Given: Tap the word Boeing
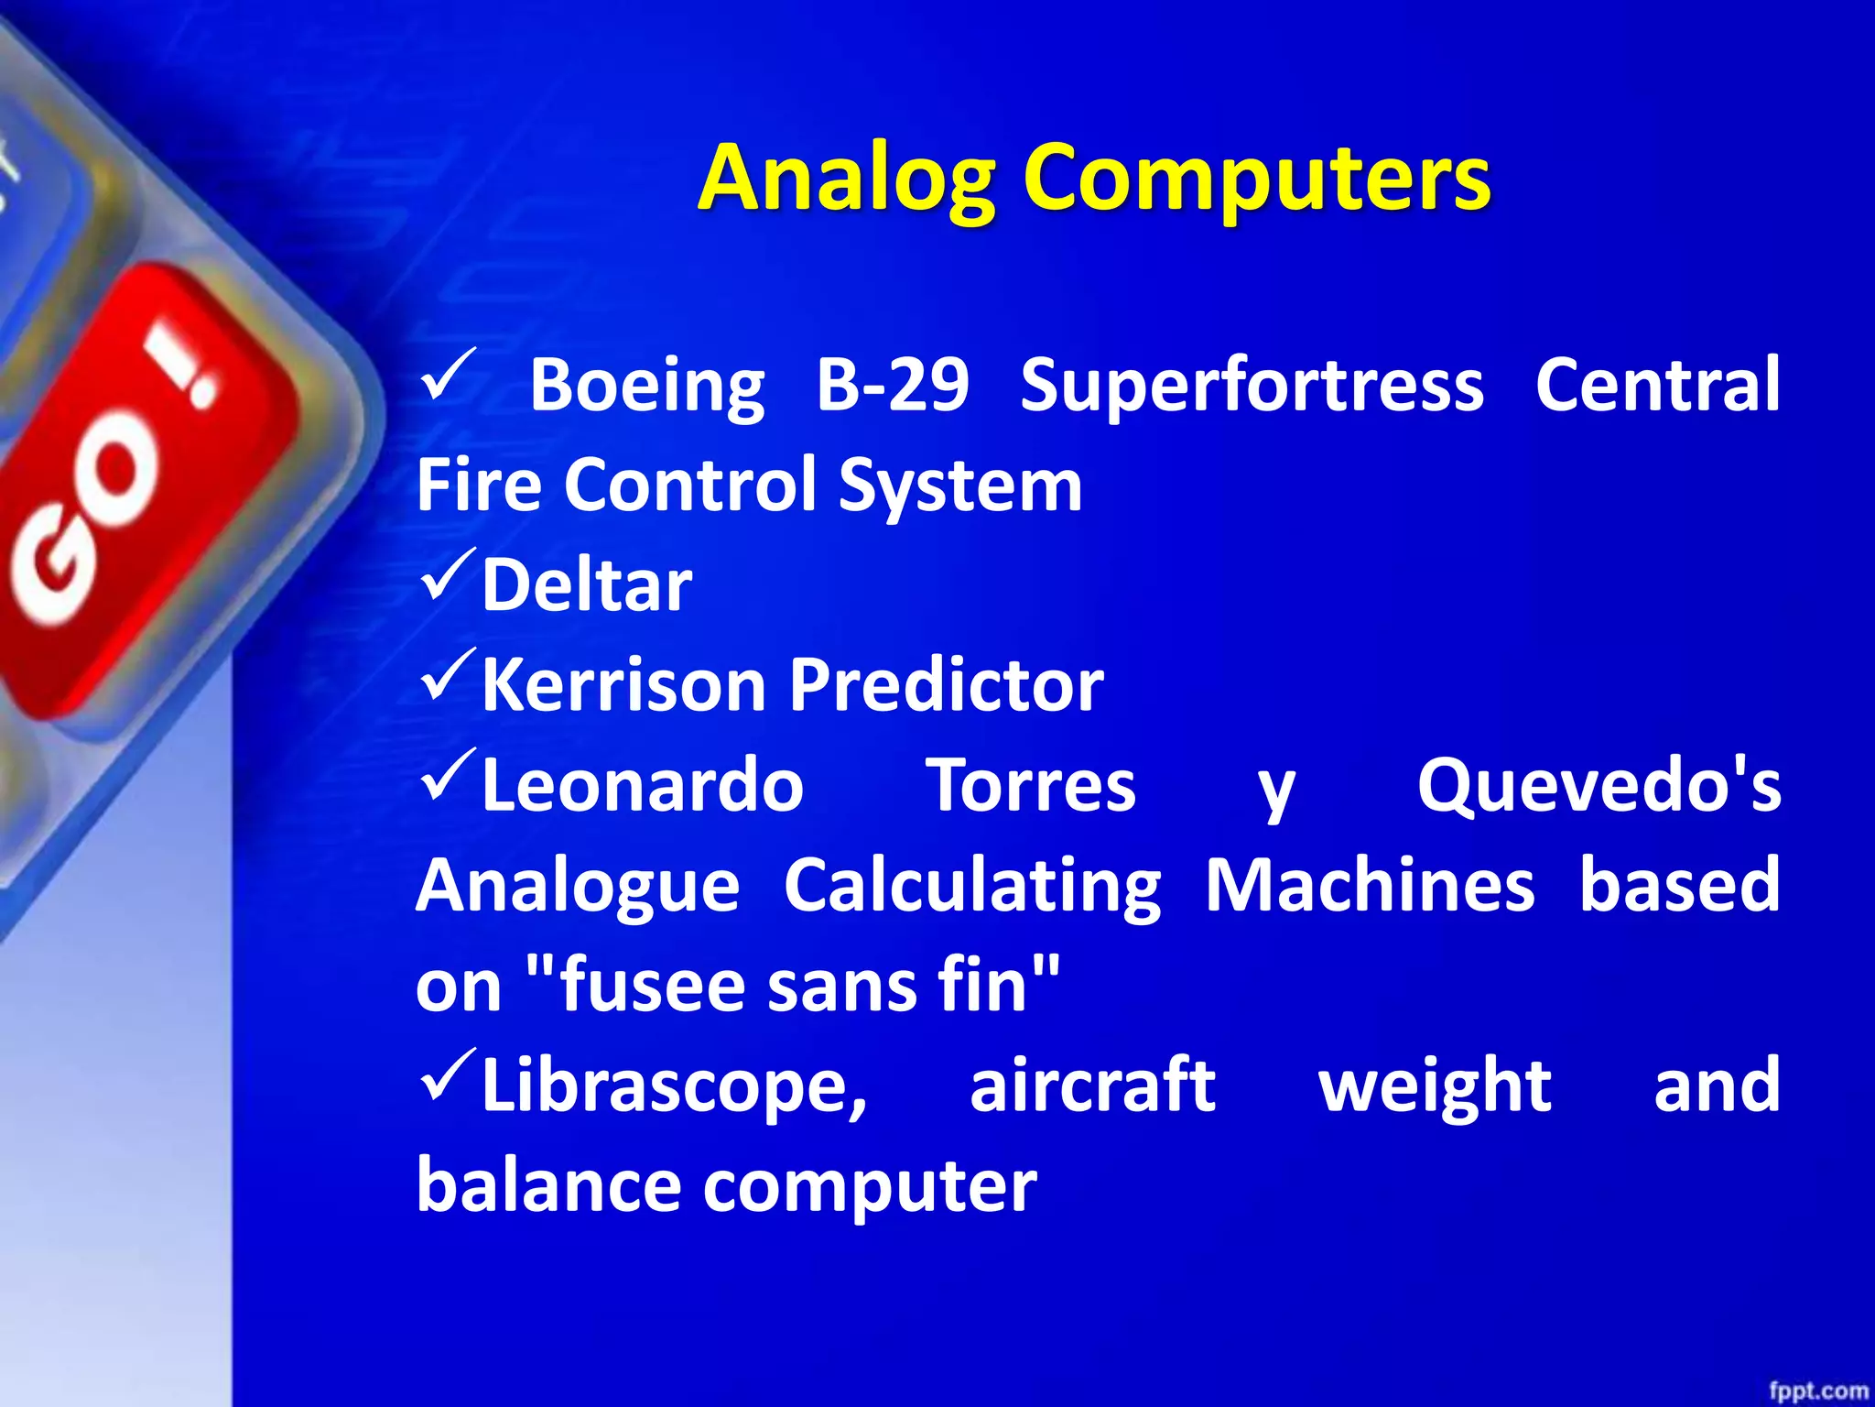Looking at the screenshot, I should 646,386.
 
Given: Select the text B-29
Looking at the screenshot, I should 892,384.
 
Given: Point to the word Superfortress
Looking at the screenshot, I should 1252,386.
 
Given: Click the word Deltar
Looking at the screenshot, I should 586,585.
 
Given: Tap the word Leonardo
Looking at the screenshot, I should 642,785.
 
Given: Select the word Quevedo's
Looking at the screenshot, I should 1599,785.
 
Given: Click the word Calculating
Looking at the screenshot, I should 972,887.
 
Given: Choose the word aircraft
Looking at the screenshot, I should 1091,1085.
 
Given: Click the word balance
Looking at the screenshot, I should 547,1185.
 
